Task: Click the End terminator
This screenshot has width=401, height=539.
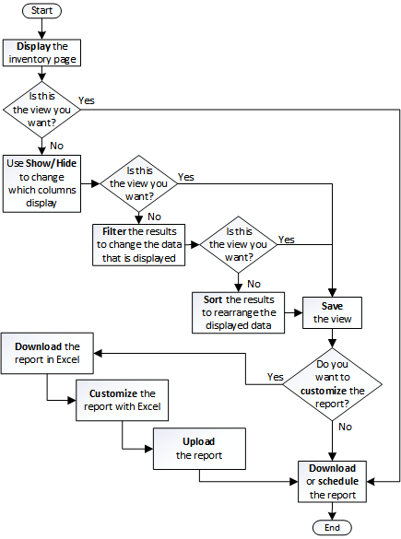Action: (x=332, y=526)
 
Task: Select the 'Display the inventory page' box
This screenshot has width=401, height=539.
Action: (x=41, y=52)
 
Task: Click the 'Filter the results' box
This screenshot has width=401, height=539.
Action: (x=138, y=244)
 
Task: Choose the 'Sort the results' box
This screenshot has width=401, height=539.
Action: (x=239, y=311)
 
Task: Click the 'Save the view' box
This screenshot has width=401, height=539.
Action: (x=332, y=311)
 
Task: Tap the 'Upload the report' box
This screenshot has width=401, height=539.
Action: (x=198, y=449)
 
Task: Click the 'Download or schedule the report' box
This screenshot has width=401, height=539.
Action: (x=332, y=481)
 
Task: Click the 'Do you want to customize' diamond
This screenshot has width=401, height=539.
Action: (x=332, y=382)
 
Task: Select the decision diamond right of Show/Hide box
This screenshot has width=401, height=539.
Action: (x=138, y=182)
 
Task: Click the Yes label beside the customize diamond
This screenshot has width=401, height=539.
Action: (x=274, y=377)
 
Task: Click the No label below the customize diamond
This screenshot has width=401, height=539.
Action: (x=346, y=427)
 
